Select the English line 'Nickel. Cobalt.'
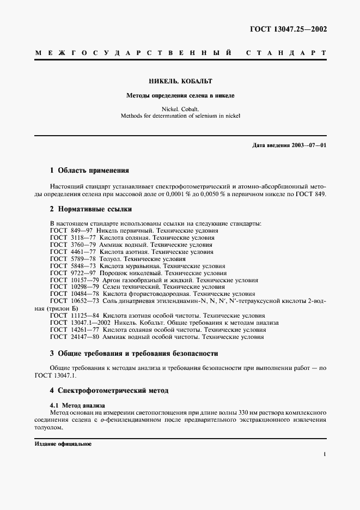pyautogui.click(x=180, y=108)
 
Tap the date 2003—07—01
pyautogui.click(x=307, y=145)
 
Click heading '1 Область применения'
pyautogui.click(x=89, y=170)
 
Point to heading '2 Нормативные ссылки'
pyautogui.click(x=90, y=209)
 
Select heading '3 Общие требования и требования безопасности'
pyautogui.click(x=133, y=354)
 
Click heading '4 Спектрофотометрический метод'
pyautogui.click(x=109, y=391)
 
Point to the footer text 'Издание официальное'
pyautogui.click(x=63, y=444)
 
